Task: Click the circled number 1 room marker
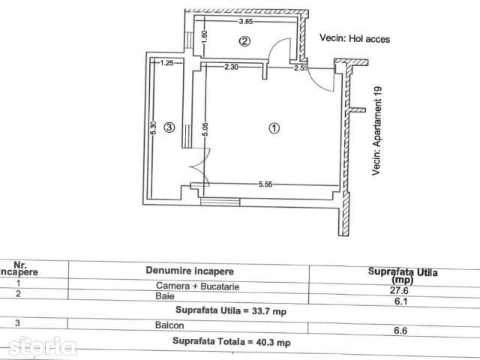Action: (274, 128)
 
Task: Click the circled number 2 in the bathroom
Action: (244, 41)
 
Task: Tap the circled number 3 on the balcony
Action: (169, 127)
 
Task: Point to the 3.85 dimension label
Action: (245, 21)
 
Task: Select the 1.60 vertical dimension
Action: (205, 37)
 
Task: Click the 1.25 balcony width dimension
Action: (166, 63)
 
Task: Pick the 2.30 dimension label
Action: (231, 67)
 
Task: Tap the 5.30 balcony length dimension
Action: (154, 128)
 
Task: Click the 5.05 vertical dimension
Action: (205, 129)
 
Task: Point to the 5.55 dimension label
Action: (265, 184)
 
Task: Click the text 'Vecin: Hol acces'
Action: (355, 38)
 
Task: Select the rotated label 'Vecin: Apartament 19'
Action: (376, 131)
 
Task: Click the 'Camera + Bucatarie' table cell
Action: (197, 286)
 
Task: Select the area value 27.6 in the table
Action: (399, 290)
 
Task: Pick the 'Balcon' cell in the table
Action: (169, 325)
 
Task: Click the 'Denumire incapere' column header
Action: (190, 271)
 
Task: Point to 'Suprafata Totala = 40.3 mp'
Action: (232, 341)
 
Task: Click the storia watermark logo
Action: (42, 346)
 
